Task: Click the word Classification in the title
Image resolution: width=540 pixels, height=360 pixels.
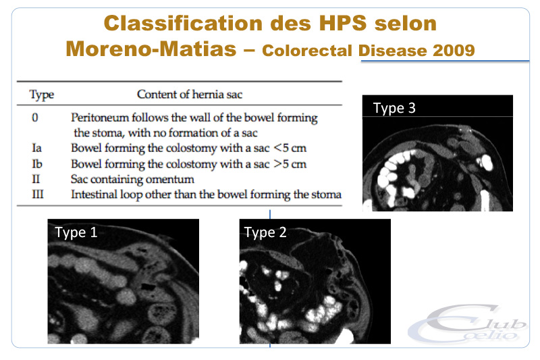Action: pyautogui.click(x=183, y=24)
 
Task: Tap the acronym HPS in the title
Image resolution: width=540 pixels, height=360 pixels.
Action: pyautogui.click(x=343, y=23)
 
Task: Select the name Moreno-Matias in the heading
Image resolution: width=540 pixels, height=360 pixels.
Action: pyautogui.click(x=151, y=49)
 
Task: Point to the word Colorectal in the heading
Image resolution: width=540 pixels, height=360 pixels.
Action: pyautogui.click(x=307, y=50)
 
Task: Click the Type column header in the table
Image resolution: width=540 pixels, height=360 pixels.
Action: pyautogui.click(x=42, y=95)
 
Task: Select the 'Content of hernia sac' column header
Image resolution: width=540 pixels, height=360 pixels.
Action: pyautogui.click(x=190, y=94)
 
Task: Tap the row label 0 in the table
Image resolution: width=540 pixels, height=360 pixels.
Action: pyautogui.click(x=35, y=118)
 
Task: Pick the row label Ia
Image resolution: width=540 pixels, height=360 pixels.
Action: pyautogui.click(x=36, y=148)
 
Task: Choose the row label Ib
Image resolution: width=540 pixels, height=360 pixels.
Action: pyautogui.click(x=37, y=163)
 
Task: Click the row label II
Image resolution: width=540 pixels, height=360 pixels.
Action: pyautogui.click(x=36, y=179)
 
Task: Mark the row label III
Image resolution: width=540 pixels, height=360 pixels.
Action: pyautogui.click(x=38, y=195)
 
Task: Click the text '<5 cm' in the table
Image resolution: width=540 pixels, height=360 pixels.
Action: pyautogui.click(x=290, y=148)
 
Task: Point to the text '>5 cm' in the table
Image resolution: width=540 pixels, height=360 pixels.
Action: pyautogui.click(x=290, y=163)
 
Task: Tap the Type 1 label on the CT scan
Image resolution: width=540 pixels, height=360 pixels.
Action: pyautogui.click(x=76, y=232)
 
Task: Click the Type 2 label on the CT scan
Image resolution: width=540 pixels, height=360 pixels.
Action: pyautogui.click(x=265, y=232)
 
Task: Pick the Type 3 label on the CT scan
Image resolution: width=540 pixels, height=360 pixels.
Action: pyautogui.click(x=394, y=108)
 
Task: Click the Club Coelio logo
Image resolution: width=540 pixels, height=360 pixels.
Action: pyautogui.click(x=468, y=324)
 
